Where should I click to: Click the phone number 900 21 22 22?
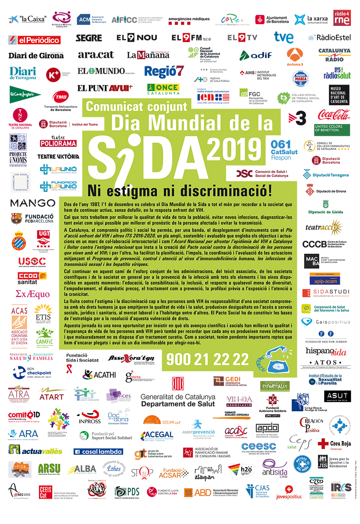pos(207,359)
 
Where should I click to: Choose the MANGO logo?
pos(32,203)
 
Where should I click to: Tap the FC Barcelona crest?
pos(16,219)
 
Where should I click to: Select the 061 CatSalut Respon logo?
pos(281,150)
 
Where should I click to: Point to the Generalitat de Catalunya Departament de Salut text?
pos(177,400)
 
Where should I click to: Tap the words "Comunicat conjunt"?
pos(142,106)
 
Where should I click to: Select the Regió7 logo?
pos(164,71)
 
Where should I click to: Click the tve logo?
pos(284,37)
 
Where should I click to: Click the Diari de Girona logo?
pos(36,56)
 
